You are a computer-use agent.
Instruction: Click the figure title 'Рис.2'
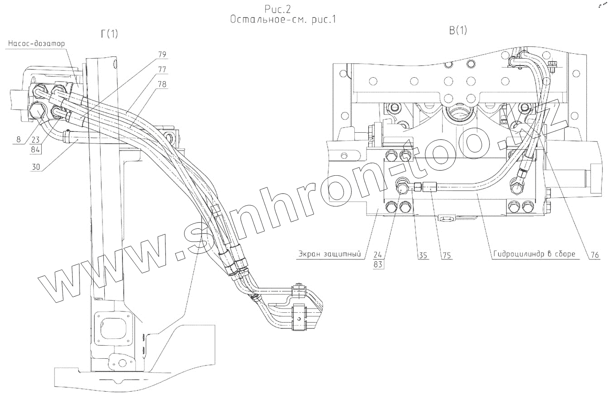click(278, 9)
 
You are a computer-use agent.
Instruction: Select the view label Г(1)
click(109, 34)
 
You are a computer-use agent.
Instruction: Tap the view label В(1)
click(458, 31)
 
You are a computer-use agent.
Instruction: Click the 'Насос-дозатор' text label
click(36, 43)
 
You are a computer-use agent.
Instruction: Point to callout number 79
click(162, 55)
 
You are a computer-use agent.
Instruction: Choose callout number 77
click(162, 69)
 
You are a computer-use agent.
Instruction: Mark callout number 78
click(162, 84)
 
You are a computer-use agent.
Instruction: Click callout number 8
click(18, 139)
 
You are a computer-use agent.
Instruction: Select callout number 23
click(36, 140)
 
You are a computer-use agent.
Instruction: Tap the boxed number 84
click(35, 149)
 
